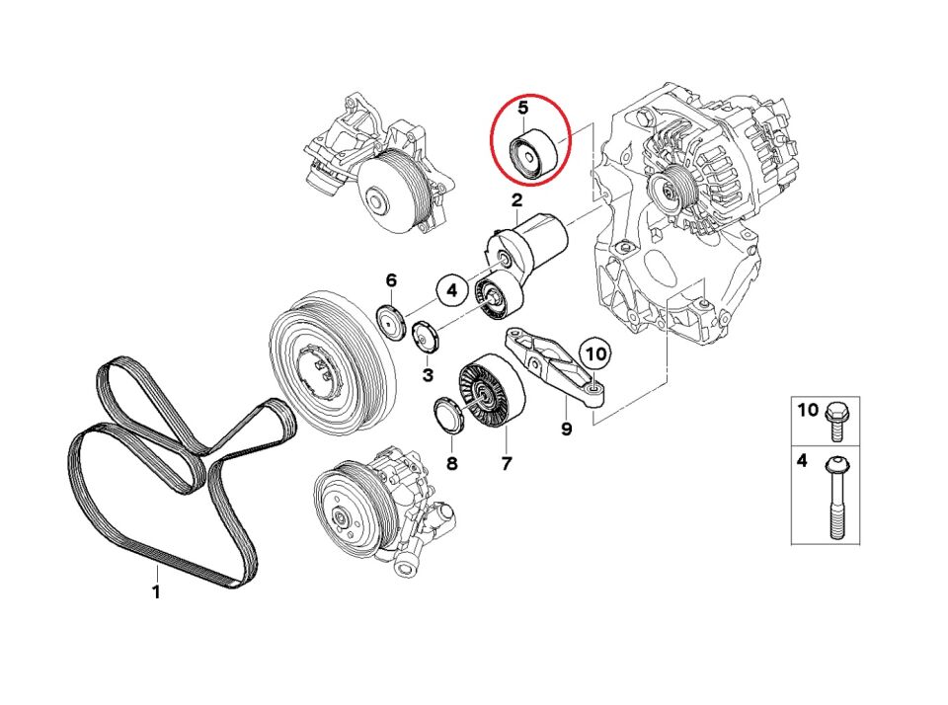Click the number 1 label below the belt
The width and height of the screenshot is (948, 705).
155,592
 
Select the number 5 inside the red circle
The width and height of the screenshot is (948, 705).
523,107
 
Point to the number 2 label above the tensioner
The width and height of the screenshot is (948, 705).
515,201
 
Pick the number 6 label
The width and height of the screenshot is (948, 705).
391,280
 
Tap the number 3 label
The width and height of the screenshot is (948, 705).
428,375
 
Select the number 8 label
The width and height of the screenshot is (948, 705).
451,463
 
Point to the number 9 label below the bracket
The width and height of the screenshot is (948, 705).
566,429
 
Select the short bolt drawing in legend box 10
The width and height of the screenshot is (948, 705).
835,419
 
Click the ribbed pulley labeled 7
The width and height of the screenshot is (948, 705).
485,393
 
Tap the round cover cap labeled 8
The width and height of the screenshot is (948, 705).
450,415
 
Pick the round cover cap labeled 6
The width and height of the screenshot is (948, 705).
393,323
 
